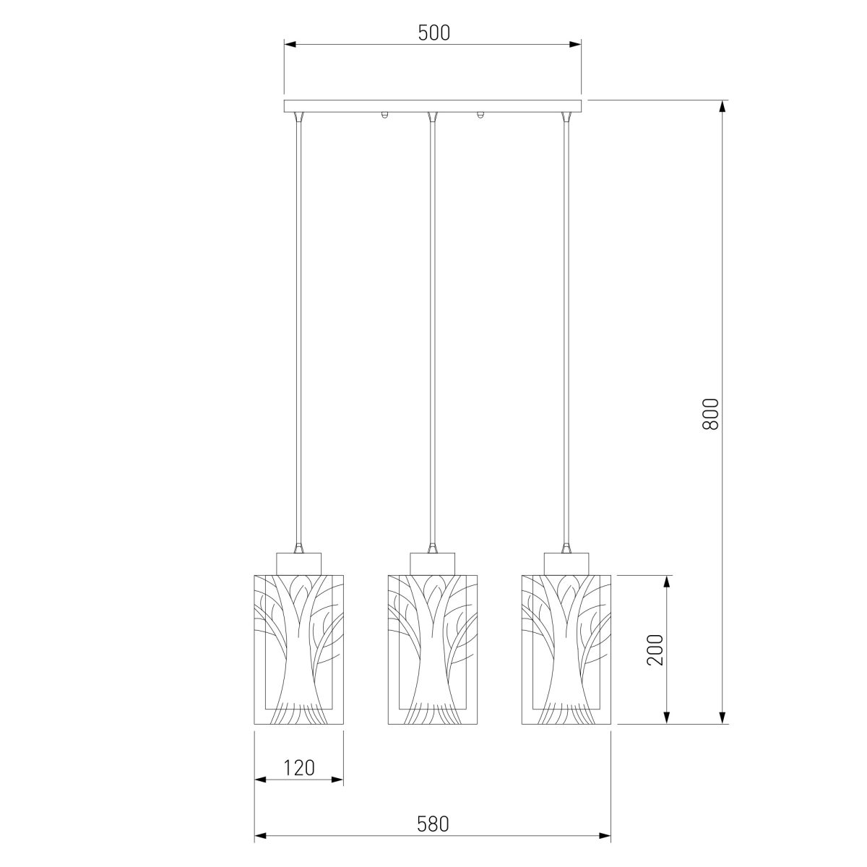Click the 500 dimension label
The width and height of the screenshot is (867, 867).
pos(433,33)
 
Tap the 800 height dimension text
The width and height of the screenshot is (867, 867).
pos(710,413)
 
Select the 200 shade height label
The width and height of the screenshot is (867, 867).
pos(655,650)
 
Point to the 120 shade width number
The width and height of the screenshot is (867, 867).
pos(298,767)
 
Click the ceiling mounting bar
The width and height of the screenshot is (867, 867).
pos(432,105)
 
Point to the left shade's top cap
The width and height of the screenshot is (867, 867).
pos(298,564)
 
